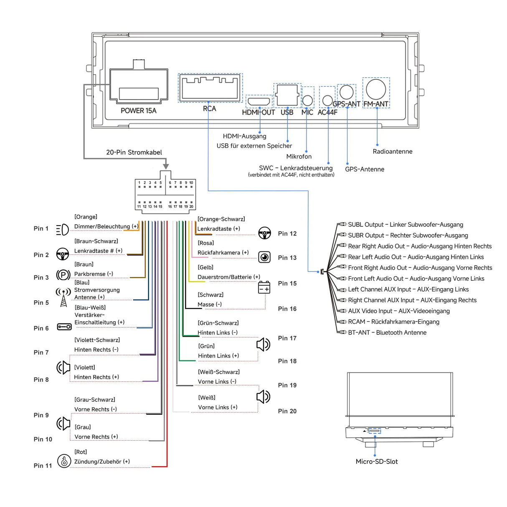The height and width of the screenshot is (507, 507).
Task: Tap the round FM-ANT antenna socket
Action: tap(376, 89)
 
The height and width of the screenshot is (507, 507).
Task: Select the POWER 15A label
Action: tap(138, 111)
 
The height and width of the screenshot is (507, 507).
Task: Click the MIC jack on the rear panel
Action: tap(307, 100)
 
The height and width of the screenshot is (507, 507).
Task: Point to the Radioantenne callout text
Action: tap(392, 152)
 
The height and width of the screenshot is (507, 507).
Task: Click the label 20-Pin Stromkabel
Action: tap(134, 152)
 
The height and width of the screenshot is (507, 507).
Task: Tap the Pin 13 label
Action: tap(287, 258)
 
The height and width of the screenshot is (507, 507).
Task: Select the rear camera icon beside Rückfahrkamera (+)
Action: tap(264, 257)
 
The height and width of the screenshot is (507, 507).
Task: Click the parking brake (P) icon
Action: tap(63, 275)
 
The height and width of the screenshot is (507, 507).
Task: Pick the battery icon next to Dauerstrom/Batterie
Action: tap(264, 287)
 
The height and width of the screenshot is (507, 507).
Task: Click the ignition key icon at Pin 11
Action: tap(64, 461)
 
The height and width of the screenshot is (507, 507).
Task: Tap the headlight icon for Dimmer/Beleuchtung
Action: tap(62, 229)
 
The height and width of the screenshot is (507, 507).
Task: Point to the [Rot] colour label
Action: tap(81, 452)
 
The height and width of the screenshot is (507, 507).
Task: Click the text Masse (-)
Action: tap(210, 304)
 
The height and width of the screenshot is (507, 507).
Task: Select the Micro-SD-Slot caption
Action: tap(376, 461)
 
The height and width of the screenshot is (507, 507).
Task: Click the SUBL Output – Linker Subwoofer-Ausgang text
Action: tap(405, 225)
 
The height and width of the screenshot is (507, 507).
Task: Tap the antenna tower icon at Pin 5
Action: tap(63, 297)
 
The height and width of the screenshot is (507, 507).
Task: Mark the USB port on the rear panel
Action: tap(287, 95)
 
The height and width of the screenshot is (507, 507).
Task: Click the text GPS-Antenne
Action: tap(364, 169)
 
